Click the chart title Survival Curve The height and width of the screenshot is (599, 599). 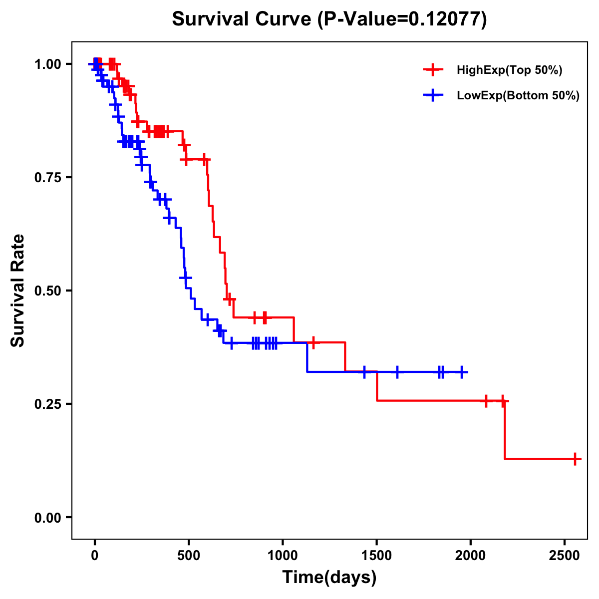(x=242, y=19)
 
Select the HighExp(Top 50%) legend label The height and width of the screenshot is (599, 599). (x=509, y=70)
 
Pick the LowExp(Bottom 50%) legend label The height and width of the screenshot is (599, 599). (x=518, y=96)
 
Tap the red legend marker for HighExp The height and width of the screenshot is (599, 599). (x=433, y=70)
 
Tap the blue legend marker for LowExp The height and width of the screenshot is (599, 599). (x=433, y=96)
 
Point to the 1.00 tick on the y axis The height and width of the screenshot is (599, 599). (x=47, y=64)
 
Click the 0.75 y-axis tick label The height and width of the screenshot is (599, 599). (x=47, y=178)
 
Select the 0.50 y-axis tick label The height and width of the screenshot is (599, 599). (x=47, y=291)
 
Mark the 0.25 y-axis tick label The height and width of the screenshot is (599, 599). (x=47, y=404)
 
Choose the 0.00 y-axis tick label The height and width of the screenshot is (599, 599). (x=47, y=518)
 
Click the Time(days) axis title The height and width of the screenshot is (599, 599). (x=329, y=578)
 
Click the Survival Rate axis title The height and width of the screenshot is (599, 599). (x=18, y=291)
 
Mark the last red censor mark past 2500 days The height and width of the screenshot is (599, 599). (x=575, y=459)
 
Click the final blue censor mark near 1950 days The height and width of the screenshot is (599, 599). (x=463, y=372)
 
